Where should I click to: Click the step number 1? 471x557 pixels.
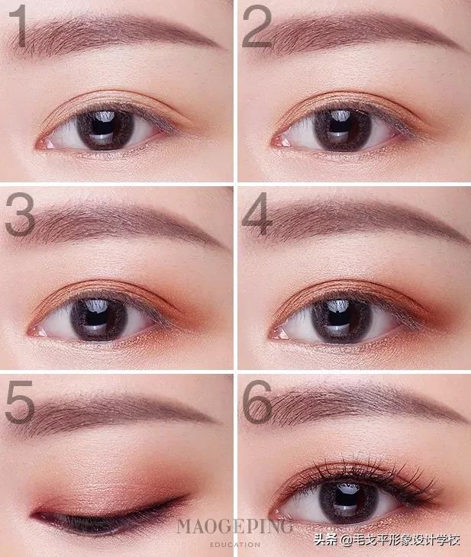coord(18,26)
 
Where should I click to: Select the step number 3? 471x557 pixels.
coord(20,214)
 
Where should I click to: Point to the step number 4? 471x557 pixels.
coord(256,214)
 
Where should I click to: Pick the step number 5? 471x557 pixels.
coord(20,402)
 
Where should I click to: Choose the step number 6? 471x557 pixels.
coord(257,402)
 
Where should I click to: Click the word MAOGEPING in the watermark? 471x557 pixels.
coord(235,526)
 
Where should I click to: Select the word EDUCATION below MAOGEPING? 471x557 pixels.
coord(235,545)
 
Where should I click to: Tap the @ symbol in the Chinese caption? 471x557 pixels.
coord(346,540)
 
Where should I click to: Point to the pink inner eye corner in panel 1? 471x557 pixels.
coord(44,144)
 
